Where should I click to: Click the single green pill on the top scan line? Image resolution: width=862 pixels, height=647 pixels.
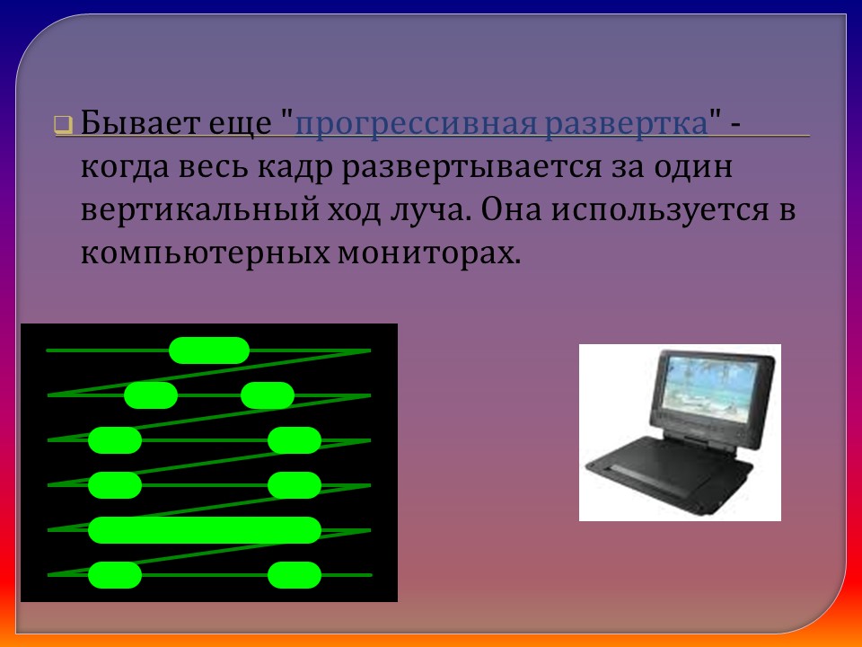tap(209, 350)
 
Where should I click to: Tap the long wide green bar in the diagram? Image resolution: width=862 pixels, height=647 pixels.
tap(204, 530)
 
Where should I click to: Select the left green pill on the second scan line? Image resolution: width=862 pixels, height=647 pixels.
tap(151, 394)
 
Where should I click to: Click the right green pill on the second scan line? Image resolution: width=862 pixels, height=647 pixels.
tap(268, 394)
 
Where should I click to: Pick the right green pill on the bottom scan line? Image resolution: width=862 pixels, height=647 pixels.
tap(295, 574)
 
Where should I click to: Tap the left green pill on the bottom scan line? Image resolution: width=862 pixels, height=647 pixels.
tap(115, 574)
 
